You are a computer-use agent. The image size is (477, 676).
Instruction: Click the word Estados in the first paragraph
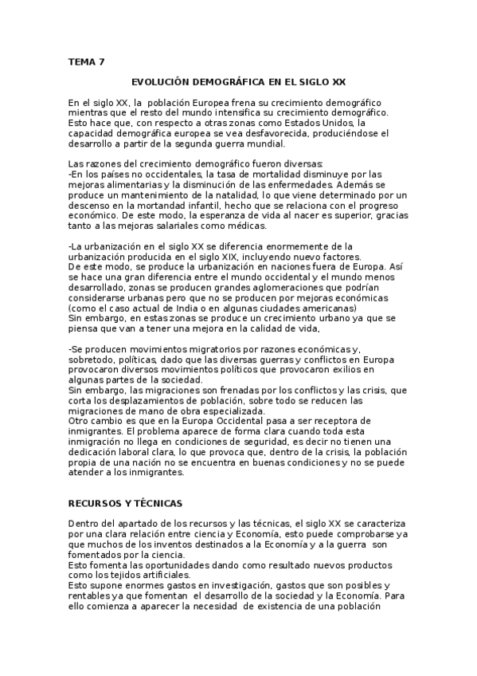(310, 124)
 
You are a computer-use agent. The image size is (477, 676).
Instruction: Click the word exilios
(354, 371)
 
